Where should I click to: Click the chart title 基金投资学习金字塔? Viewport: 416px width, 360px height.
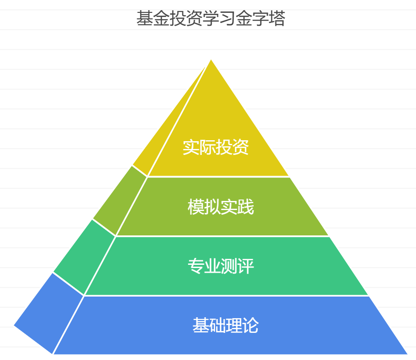[x=211, y=19]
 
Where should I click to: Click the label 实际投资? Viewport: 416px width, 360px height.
[x=216, y=147]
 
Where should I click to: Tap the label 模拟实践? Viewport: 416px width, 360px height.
[x=221, y=207]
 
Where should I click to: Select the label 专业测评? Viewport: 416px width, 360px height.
[x=221, y=266]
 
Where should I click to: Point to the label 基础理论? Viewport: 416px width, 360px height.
[x=225, y=326]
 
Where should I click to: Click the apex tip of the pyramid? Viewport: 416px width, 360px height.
[x=211, y=61]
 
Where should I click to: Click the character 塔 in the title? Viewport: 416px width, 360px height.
[x=277, y=19]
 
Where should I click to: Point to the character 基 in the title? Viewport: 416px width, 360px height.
[x=145, y=19]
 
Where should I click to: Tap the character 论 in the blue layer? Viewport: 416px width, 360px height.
[x=251, y=326]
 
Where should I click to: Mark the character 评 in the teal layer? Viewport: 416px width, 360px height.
[x=246, y=266]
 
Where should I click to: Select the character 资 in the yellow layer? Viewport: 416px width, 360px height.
[x=240, y=147]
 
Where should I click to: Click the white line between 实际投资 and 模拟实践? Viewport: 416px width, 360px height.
[x=218, y=177]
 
